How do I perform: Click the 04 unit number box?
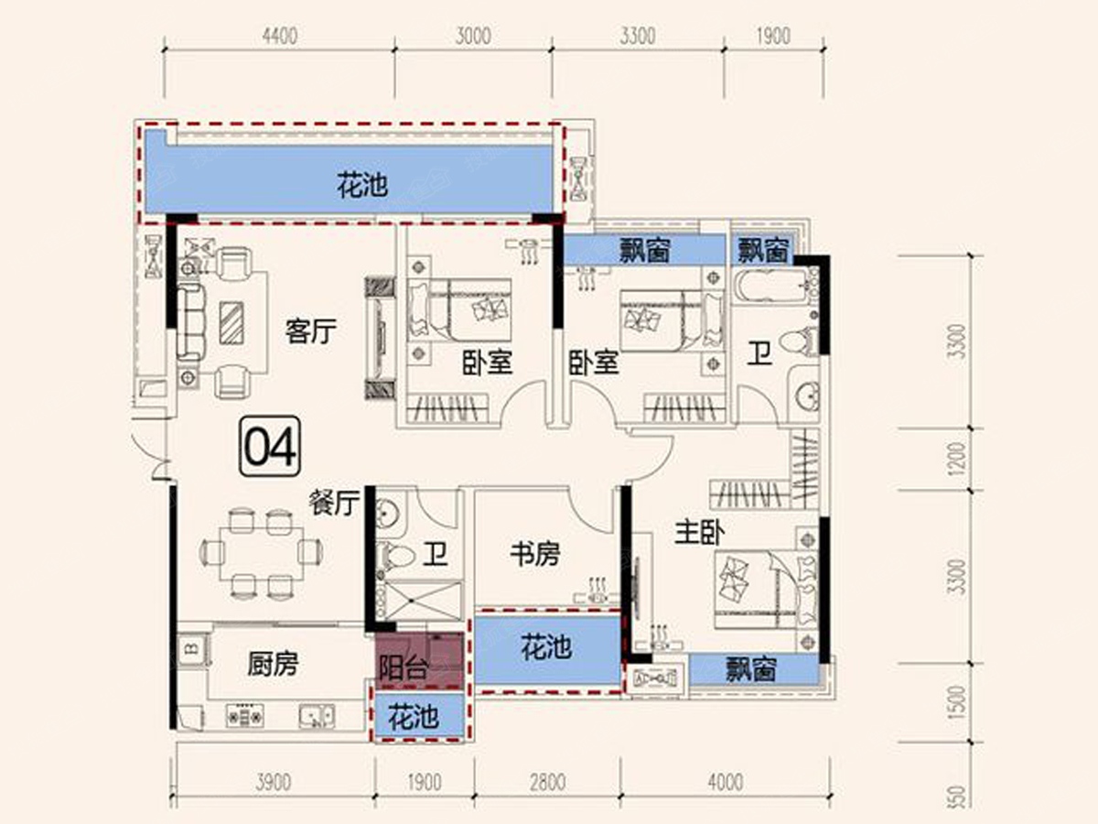pos(270,446)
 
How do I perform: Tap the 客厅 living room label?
pos(310,331)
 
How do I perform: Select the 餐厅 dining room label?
pos(334,503)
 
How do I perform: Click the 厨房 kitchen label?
pos(273,665)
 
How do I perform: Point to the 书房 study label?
pos(534,554)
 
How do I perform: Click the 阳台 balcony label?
pos(404,667)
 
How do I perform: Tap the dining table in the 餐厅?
pos(261,552)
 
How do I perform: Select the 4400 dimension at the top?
pos(280,36)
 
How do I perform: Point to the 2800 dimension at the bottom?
pos(548,783)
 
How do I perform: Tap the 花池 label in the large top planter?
pos(362,186)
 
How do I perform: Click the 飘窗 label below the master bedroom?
pos(751,669)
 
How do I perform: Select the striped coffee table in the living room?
pos(231,322)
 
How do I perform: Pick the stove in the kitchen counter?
pos(244,715)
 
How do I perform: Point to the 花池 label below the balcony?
pos(414,717)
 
